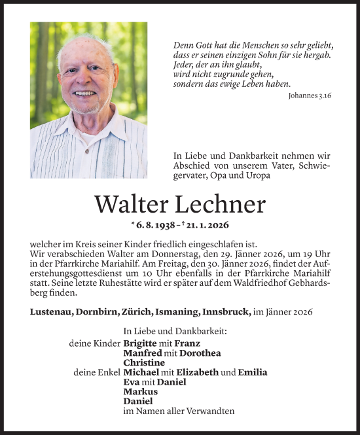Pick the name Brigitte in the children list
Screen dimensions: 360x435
pos(139,343)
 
